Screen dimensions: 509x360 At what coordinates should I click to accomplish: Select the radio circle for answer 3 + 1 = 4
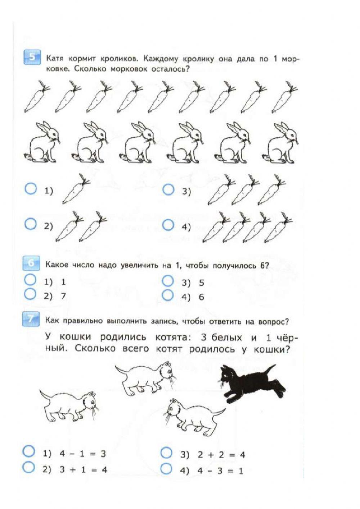[29, 468]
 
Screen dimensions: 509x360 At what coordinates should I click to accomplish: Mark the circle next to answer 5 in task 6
[168, 280]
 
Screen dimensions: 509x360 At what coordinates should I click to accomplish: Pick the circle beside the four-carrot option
[168, 225]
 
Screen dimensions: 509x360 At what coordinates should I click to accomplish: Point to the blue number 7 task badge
[32, 320]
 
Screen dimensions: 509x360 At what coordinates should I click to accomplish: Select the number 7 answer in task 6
[63, 296]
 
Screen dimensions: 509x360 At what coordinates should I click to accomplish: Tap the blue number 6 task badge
[32, 264]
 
